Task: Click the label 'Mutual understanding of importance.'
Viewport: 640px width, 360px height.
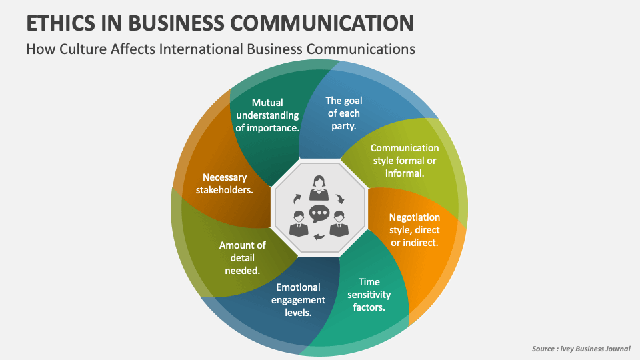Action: (267, 115)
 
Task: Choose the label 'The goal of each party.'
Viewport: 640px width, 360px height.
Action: (343, 113)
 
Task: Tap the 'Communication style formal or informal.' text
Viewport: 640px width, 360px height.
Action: (405, 160)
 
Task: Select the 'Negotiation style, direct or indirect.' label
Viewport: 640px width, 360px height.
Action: (414, 229)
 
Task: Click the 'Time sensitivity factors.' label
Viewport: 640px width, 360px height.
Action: (369, 294)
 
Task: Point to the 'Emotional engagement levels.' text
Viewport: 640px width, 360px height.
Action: (298, 299)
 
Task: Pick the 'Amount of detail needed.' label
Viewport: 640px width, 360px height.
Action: (242, 257)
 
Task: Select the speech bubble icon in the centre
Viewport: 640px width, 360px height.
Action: (319, 213)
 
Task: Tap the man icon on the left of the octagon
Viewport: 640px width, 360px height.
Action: (298, 222)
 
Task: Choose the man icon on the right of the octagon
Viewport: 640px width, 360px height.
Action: (339, 222)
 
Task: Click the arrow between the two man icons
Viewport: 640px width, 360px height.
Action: (319, 237)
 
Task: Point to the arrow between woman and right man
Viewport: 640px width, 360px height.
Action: (340, 198)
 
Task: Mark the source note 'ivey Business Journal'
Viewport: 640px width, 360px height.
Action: (595, 348)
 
